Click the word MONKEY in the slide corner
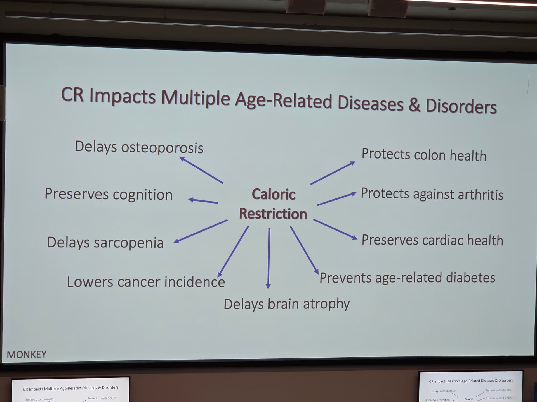27,355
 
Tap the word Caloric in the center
274,194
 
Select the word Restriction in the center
273,214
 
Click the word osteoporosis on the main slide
162,148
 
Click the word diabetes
470,277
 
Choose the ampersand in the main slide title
414,104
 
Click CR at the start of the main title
72,94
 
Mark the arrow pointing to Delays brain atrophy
269,259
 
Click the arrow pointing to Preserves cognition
203,201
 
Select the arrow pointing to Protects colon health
333,173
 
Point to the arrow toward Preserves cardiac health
335,229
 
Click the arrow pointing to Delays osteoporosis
201,170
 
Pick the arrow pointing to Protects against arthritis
337,199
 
